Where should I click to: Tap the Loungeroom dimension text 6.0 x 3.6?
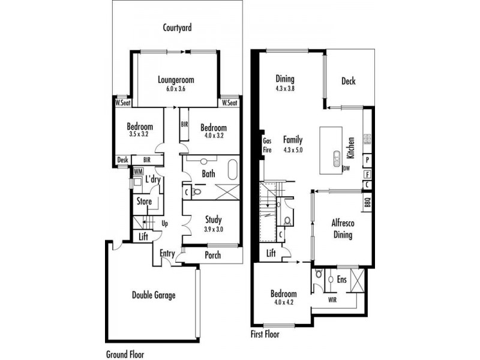pyautogui.click(x=176, y=88)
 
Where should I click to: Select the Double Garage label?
pyautogui.click(x=154, y=295)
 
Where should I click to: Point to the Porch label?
pyautogui.click(x=212, y=255)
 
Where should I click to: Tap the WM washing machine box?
pyautogui.click(x=137, y=172)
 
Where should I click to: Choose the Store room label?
pyautogui.click(x=144, y=202)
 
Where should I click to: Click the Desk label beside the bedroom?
pyautogui.click(x=122, y=160)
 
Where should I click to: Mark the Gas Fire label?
pyautogui.click(x=268, y=145)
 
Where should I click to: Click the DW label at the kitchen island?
pyautogui.click(x=346, y=169)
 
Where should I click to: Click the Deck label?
pyautogui.click(x=349, y=82)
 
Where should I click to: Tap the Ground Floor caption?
pyautogui.click(x=125, y=355)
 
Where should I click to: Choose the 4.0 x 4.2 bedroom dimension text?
pyautogui.click(x=283, y=303)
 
